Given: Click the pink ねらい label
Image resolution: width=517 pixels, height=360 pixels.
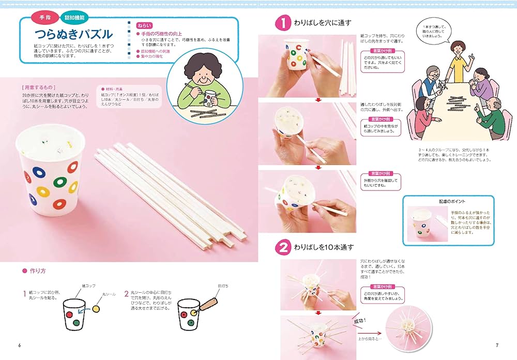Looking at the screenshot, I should [x=144, y=25].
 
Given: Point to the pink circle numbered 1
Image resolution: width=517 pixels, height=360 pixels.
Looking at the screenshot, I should [x=283, y=23].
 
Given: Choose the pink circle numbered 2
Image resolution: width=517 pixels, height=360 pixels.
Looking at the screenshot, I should [x=283, y=247].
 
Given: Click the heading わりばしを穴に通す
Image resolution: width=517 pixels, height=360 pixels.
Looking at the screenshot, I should [x=323, y=23].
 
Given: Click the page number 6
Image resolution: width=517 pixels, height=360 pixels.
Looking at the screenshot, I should [x=20, y=345].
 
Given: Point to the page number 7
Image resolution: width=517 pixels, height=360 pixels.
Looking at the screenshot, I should [x=497, y=345].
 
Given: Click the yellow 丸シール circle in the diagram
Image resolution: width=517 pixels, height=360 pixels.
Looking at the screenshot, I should [x=96, y=309].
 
